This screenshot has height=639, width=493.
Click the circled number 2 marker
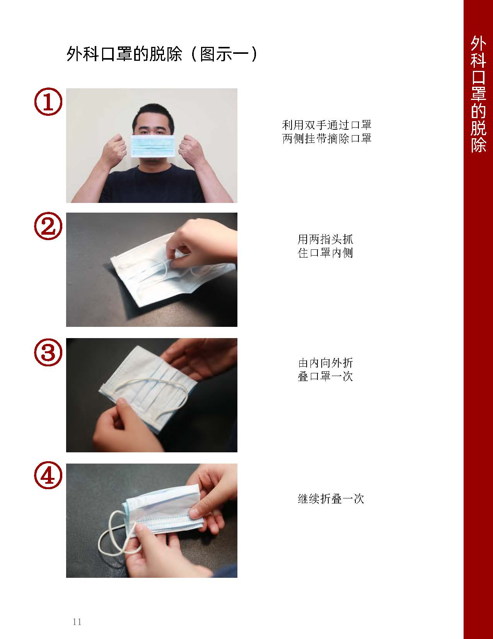48,227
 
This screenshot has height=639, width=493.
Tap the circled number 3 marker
48,352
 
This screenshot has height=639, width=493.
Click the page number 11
77,622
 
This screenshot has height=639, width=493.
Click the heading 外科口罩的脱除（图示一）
162,55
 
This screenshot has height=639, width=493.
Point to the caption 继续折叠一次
331,498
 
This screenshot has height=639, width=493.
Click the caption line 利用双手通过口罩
327,125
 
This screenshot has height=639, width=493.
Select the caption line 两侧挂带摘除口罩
327,138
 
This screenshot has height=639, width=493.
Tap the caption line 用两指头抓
325,239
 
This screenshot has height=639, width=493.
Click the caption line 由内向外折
325,363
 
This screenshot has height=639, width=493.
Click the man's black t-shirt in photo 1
151,186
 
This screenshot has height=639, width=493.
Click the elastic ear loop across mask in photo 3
162,383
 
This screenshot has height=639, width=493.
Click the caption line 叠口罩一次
325,376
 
